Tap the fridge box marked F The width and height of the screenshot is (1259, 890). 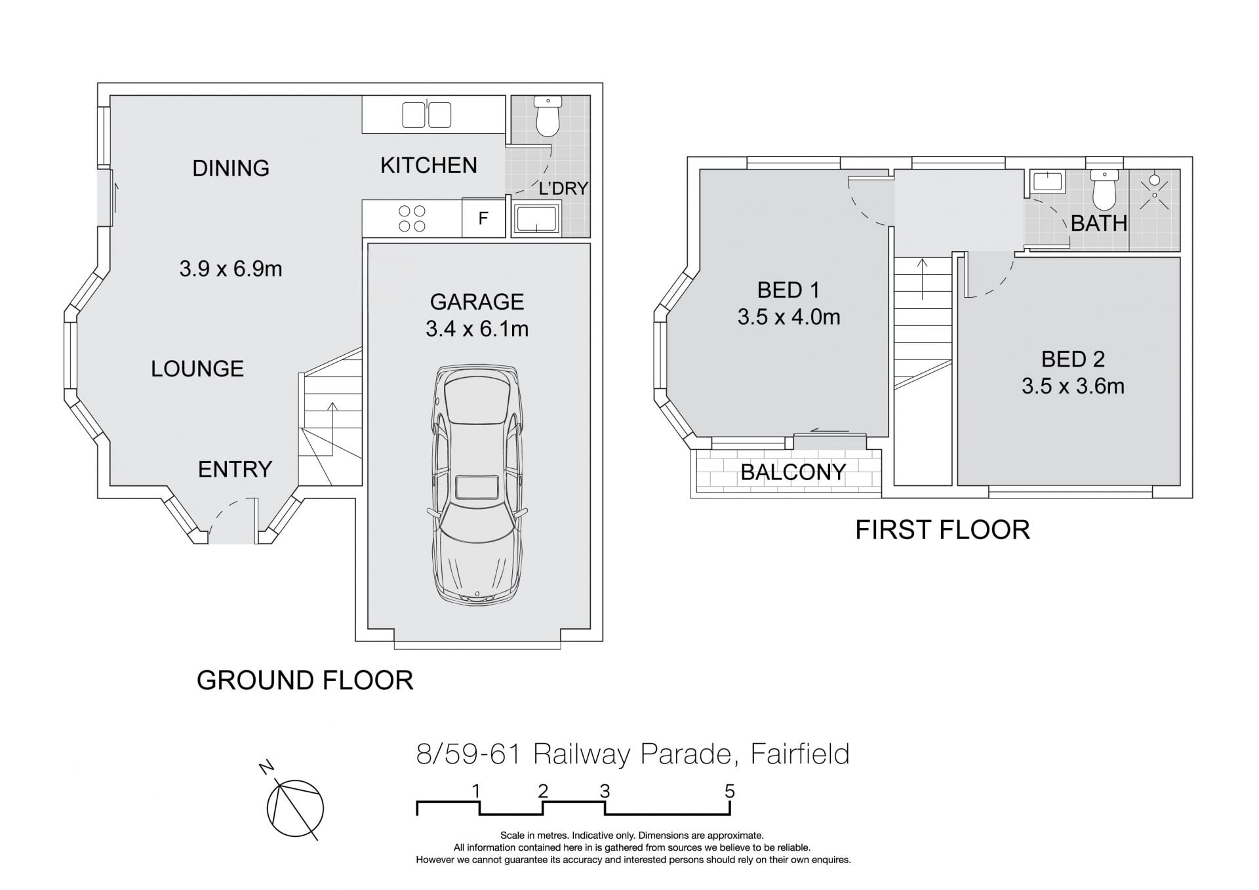(x=483, y=218)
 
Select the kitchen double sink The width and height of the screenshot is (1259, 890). (x=426, y=115)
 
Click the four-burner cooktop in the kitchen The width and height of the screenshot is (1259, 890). (x=412, y=218)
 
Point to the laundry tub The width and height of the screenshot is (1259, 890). (x=536, y=218)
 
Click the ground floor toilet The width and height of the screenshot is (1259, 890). (x=547, y=116)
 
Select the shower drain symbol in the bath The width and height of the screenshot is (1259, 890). (x=1154, y=180)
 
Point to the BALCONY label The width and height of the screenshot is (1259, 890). (x=793, y=472)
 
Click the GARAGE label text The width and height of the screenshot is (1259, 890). (x=477, y=302)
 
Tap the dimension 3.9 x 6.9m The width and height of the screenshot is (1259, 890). (x=231, y=269)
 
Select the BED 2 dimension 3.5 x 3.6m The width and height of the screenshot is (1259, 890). (x=1073, y=386)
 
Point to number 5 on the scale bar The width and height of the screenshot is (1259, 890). (x=730, y=792)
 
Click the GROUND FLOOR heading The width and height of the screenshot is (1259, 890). (x=305, y=680)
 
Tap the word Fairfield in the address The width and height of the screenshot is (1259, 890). (x=800, y=754)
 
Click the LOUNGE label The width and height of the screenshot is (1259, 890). (x=197, y=369)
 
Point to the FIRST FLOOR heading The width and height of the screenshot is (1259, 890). (x=942, y=530)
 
